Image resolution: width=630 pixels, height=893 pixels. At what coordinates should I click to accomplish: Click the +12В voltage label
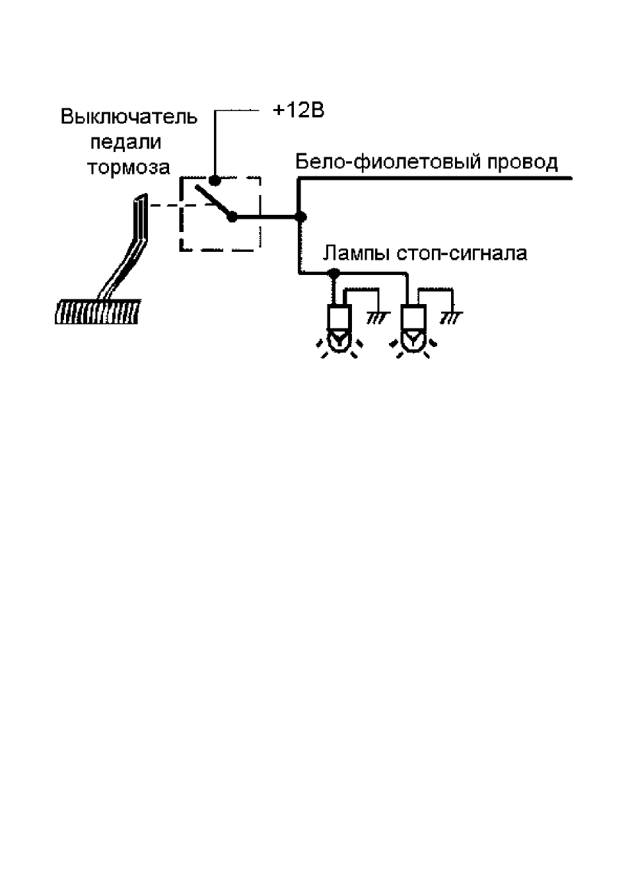(x=298, y=110)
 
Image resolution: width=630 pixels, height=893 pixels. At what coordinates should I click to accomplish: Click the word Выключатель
(x=129, y=117)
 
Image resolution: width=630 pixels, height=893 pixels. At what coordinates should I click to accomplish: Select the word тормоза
(x=129, y=167)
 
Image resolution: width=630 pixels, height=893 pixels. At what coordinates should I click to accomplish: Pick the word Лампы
(x=357, y=254)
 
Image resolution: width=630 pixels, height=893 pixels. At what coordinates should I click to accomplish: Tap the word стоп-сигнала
(x=462, y=254)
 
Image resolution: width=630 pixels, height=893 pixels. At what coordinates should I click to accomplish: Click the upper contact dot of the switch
(x=215, y=180)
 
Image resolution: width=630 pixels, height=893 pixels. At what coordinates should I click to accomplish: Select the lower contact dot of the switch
(x=232, y=217)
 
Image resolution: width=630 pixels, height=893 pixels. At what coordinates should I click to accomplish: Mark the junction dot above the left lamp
(x=333, y=273)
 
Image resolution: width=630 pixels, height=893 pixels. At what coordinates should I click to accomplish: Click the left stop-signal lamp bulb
(x=339, y=329)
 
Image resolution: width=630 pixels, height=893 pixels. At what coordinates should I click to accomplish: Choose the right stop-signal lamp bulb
(x=413, y=329)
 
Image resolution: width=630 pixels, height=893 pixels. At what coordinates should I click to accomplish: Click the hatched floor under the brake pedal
(x=98, y=311)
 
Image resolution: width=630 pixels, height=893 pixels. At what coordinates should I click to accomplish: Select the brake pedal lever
(x=125, y=247)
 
